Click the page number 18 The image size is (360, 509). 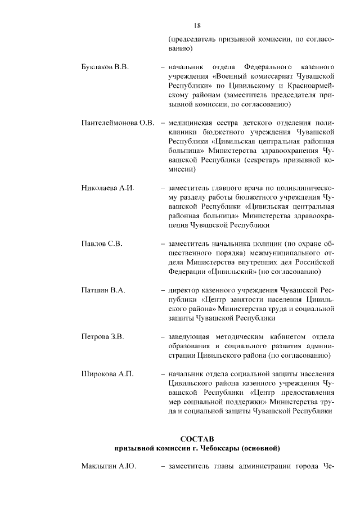[x=197, y=25]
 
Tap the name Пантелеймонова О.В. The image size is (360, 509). [x=118, y=123]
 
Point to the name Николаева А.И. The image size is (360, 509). [x=108, y=188]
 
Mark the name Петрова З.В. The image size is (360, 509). [x=102, y=337]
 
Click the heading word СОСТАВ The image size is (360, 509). [x=197, y=438]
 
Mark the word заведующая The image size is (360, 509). [x=189, y=337]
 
